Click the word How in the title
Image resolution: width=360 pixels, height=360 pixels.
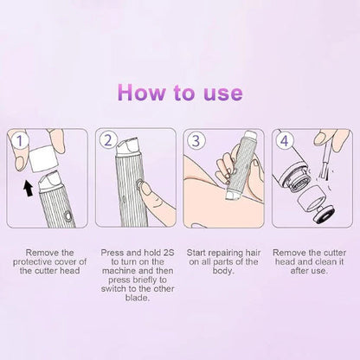coord(141,93)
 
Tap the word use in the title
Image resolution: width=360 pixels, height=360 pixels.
coord(219,93)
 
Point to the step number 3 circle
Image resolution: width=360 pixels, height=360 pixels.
coord(198,140)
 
